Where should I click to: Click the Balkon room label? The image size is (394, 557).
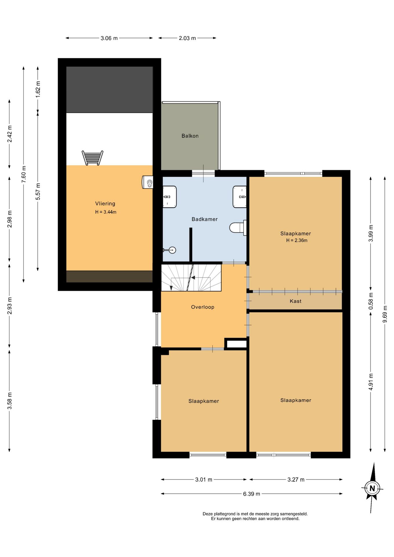(x=190, y=136)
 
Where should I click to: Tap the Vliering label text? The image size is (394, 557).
(x=105, y=204)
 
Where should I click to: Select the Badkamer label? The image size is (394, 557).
(x=205, y=219)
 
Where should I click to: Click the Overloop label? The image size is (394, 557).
(x=203, y=307)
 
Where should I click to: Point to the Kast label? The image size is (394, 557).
(x=296, y=301)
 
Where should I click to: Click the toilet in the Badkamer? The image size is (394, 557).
(x=238, y=227)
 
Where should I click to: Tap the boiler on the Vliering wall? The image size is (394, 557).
(x=148, y=182)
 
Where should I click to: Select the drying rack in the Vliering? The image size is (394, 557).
(x=92, y=158)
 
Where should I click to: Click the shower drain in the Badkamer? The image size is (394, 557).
(x=172, y=250)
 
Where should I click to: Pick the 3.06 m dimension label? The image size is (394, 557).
(x=109, y=38)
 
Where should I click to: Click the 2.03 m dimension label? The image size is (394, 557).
(x=187, y=38)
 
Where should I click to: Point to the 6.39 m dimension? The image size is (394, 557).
(x=252, y=494)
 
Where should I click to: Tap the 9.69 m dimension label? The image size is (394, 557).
(x=385, y=314)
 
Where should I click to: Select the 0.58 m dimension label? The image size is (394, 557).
(x=371, y=301)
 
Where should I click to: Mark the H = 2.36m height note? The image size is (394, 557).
(x=297, y=240)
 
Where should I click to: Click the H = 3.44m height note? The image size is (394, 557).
(x=106, y=212)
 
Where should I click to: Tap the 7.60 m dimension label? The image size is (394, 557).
(x=24, y=174)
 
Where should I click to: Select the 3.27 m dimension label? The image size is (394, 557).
(x=296, y=480)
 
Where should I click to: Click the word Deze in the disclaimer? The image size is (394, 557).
(x=208, y=514)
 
